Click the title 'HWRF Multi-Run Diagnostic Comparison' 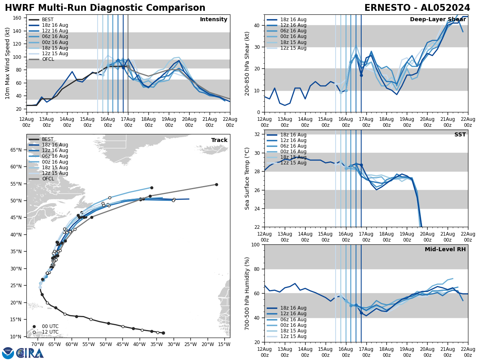coord(105,8)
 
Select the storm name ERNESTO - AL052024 coord(417,8)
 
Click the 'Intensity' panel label coord(214,20)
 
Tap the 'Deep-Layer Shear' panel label coord(438,20)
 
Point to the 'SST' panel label coord(460,135)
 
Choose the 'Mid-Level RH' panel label coord(445,250)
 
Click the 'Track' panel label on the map coord(219,140)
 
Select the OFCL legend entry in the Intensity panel coord(48,59)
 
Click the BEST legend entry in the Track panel coord(48,139)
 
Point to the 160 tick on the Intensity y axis coord(17,18)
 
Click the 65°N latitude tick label coord(16,150)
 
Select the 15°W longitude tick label coord(224,344)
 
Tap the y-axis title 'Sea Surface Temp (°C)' coord(247,178)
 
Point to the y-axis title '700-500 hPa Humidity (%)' coord(247,293)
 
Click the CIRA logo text coord(30,353)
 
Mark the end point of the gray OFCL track coord(216,185)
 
